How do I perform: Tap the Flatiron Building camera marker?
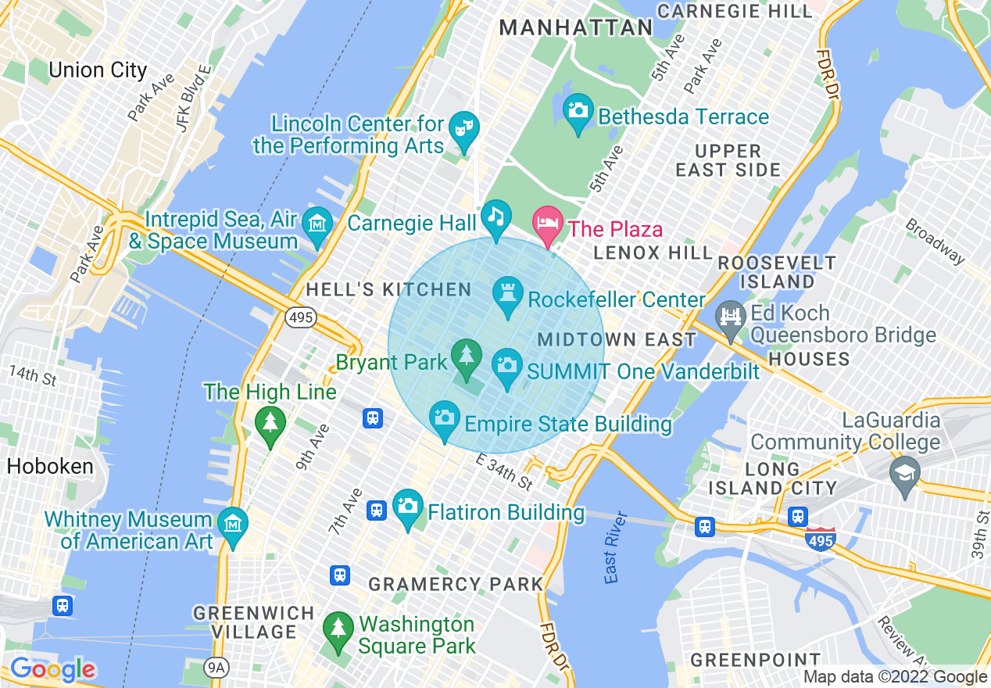coord(407,506)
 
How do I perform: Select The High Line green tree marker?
coord(270,425)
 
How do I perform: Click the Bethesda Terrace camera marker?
coord(578,111)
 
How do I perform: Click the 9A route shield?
coord(214,667)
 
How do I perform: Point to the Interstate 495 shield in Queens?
coord(821,539)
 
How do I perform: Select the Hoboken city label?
coord(50,467)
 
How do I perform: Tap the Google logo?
coord(53,669)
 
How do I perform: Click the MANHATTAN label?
coord(576,28)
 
